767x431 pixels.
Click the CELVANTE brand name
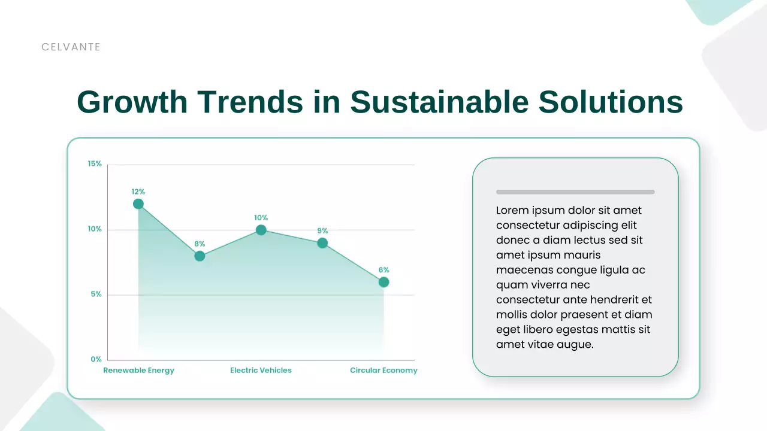coord(71,47)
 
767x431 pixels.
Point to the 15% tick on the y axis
coord(95,164)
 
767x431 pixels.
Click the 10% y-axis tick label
coord(95,229)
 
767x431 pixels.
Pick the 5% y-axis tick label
coord(96,295)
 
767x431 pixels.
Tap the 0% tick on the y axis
coord(96,360)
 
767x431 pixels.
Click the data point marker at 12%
coord(138,204)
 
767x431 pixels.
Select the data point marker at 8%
coord(200,256)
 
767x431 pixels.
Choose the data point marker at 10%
coord(261,230)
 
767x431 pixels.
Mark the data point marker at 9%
coord(322,243)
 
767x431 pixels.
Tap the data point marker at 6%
coord(383,282)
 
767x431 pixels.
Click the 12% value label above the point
coord(138,192)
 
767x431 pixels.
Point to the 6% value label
coord(383,270)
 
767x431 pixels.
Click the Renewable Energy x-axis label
coord(138,371)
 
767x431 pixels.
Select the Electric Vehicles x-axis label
coord(261,371)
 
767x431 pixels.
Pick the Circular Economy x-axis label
coord(383,371)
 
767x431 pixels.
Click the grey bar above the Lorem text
coord(575,192)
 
